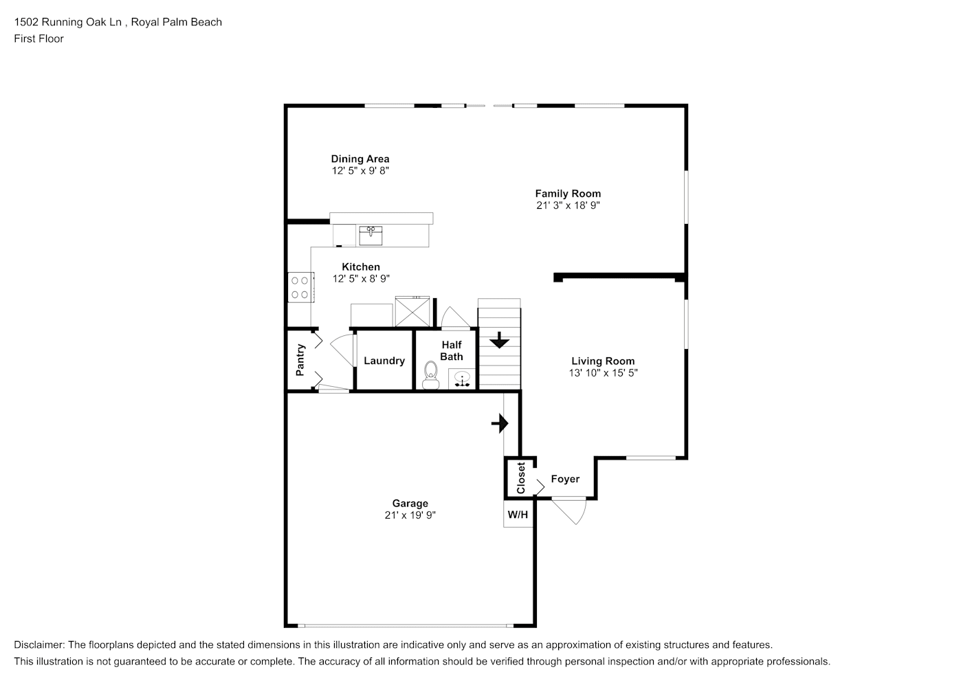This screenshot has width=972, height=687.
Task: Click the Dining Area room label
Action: pos(360,159)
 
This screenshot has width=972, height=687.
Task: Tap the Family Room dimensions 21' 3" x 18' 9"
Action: pos(568,205)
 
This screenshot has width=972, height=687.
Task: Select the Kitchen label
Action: pos(361,267)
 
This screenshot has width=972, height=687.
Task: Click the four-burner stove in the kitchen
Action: pos(300,287)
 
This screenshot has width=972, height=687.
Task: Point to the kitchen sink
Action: pos(371,236)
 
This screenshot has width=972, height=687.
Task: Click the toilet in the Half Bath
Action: pos(430,374)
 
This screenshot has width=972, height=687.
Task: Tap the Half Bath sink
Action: pos(462,379)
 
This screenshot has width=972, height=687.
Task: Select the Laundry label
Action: pos(384,361)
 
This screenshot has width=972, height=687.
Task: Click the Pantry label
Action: pos(300,360)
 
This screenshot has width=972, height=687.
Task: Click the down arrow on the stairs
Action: pos(499,340)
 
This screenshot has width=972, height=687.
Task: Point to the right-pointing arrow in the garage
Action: pos(500,423)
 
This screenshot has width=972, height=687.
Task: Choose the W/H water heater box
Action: pos(518,514)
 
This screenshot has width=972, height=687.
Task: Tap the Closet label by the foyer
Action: pos(521,478)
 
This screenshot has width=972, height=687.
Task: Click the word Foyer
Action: pos(565,479)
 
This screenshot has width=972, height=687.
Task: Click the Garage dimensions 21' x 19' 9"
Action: pos(410,515)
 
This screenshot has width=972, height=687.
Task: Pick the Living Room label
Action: pos(603,361)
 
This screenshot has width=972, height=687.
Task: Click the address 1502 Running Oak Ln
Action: pos(67,22)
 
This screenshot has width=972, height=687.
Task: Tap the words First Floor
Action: pos(38,38)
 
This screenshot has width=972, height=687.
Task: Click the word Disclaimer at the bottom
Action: pos(39,645)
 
